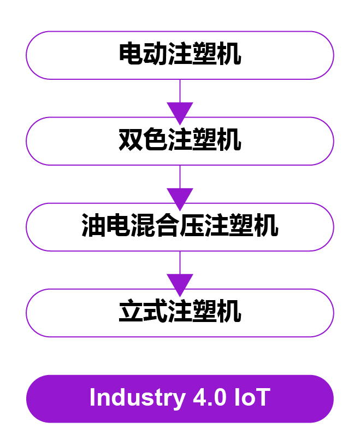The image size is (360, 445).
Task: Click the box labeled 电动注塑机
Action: pyautogui.click(x=180, y=55)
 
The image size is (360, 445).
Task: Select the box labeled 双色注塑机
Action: pyautogui.click(x=180, y=141)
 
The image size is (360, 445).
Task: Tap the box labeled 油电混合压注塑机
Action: pyautogui.click(x=180, y=227)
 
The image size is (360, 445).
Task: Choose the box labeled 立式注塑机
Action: pyautogui.click(x=180, y=313)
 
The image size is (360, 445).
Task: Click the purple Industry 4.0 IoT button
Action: pyautogui.click(x=180, y=399)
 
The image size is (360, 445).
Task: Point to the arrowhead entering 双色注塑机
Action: pyautogui.click(x=180, y=112)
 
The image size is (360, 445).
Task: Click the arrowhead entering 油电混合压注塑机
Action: pyautogui.click(x=180, y=197)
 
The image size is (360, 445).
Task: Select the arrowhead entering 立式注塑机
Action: pyautogui.click(x=180, y=283)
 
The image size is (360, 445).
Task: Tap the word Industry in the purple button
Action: pyautogui.click(x=137, y=398)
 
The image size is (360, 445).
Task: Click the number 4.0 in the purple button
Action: pyautogui.click(x=210, y=398)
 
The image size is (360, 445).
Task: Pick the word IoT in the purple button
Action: pyautogui.click(x=252, y=398)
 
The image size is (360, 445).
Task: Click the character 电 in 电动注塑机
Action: pyautogui.click(x=131, y=55)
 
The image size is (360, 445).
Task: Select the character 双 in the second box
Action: pyautogui.click(x=131, y=141)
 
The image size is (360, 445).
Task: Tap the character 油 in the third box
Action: pyautogui.click(x=93, y=227)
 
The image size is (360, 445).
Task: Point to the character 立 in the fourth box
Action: pyautogui.click(x=131, y=313)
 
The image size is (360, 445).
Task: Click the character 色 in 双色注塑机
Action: pyautogui.click(x=155, y=141)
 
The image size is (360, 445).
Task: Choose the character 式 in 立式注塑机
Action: pyautogui.click(x=155, y=313)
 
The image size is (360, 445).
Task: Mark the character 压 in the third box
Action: pyautogui.click(x=192, y=227)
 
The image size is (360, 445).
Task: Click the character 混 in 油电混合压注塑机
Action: pyautogui.click(x=143, y=227)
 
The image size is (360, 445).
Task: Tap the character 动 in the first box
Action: pyautogui.click(x=155, y=55)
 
